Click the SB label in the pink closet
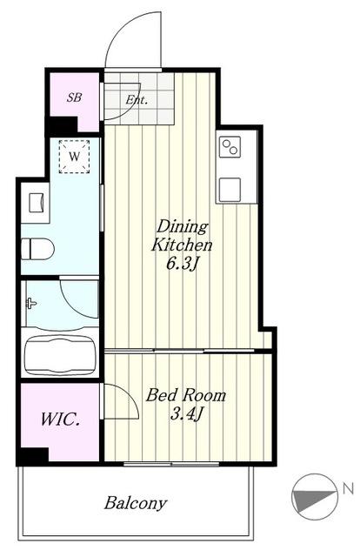[x=74, y=97]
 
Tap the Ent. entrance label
[x=137, y=100]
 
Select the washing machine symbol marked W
[x=74, y=157]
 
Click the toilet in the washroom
[x=37, y=249]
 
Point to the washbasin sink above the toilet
[x=37, y=203]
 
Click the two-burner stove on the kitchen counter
[x=230, y=147]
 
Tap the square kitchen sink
[x=230, y=190]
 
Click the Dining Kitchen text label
[x=182, y=236]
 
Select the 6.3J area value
[x=182, y=264]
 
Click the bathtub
[x=60, y=355]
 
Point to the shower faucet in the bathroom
[x=31, y=304]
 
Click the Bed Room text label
[x=186, y=395]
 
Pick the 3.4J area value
[x=186, y=414]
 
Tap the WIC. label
[x=60, y=419]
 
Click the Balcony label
[x=136, y=503]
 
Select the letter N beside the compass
[x=349, y=489]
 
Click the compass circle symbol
[x=314, y=497]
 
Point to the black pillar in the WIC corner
[x=34, y=456]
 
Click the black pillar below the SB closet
[x=63, y=125]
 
